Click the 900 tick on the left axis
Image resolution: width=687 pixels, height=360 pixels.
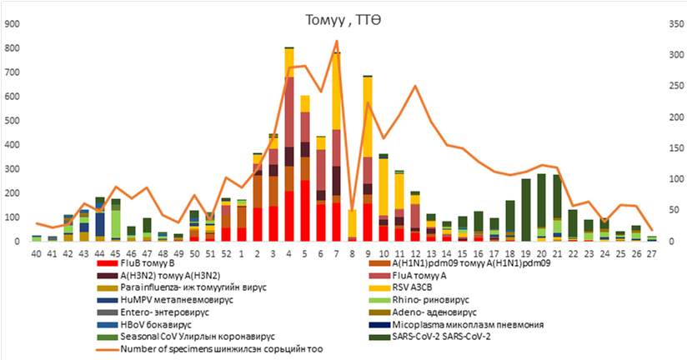(12, 24)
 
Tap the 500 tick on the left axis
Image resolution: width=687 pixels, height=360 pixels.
(12, 121)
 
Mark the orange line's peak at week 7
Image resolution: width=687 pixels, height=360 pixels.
(337, 41)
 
